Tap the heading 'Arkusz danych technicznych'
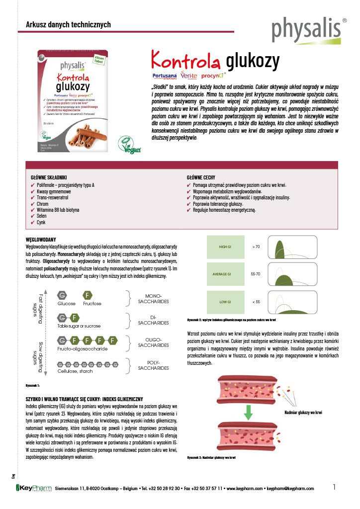coord(68,25)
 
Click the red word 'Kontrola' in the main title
coord(186,61)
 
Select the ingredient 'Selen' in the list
coord(42,216)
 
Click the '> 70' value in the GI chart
coord(256,247)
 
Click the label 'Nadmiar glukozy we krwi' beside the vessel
coord(304,413)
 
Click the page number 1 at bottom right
coord(335,487)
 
